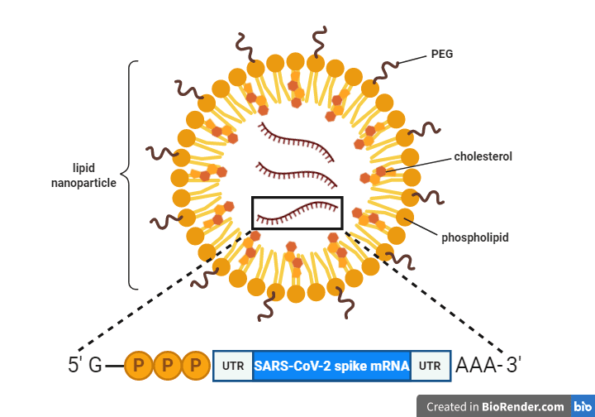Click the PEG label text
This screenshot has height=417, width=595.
[441, 55]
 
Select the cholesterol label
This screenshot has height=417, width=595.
[483, 156]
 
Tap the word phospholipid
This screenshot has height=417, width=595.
[474, 237]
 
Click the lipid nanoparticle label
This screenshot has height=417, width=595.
[83, 175]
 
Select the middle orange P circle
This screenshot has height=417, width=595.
[167, 365]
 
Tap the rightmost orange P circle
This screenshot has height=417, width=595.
[195, 365]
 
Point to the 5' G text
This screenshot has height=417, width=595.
[84, 365]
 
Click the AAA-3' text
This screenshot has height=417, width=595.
[488, 365]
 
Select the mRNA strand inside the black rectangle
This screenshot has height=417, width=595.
[297, 213]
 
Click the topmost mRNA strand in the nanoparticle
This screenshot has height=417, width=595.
[297, 135]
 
